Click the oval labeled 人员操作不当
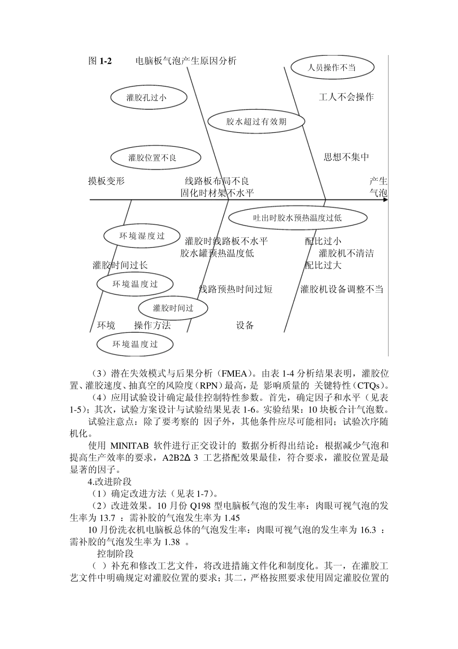(x=332, y=68)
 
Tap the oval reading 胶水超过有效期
(x=256, y=121)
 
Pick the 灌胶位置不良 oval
(x=148, y=157)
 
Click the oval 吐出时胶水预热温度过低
(x=297, y=218)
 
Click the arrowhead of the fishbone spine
(x=385, y=199)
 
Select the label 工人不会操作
(x=346, y=97)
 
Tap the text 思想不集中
(x=346, y=157)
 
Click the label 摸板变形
(x=106, y=181)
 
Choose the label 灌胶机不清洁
(x=346, y=253)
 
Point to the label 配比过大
(x=323, y=265)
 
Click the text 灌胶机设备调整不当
(x=341, y=289)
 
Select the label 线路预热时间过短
(x=236, y=289)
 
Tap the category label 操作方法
(x=152, y=325)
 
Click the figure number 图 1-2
(x=100, y=61)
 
